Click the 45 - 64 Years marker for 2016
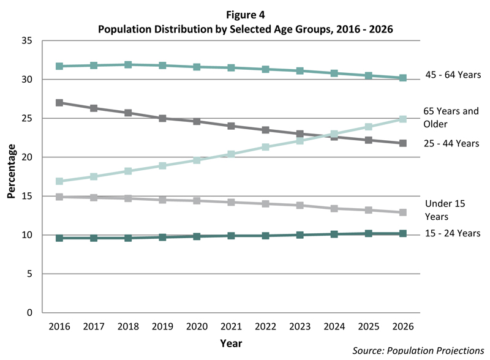click(x=59, y=66)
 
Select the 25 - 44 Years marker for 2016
click(x=59, y=103)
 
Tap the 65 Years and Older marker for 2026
click(x=403, y=119)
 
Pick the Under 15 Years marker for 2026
click(x=403, y=212)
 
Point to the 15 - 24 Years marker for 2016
click(x=59, y=238)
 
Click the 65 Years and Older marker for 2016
click(x=59, y=181)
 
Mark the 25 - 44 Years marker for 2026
click(x=403, y=143)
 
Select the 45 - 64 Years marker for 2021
click(x=231, y=67)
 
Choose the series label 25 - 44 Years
click(x=452, y=143)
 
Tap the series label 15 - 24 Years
click(x=452, y=233)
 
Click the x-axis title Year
click(x=231, y=343)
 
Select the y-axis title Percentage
click(x=11, y=177)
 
